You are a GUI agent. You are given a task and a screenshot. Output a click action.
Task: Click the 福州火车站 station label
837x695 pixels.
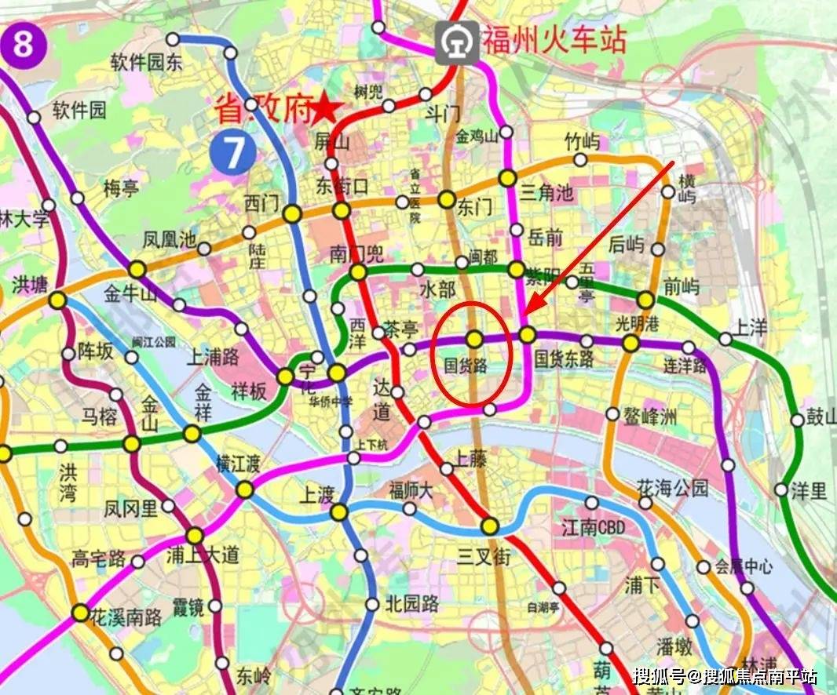coord(554,38)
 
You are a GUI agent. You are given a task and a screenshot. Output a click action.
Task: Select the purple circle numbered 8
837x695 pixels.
coord(23,45)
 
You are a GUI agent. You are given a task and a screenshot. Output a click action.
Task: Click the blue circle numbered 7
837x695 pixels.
coord(234,152)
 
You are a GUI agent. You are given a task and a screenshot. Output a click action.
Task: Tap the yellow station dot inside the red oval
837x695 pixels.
coord(474,339)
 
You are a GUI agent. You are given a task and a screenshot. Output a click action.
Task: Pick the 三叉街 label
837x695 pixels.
coord(484,557)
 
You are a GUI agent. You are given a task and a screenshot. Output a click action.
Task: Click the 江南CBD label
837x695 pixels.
coord(594,527)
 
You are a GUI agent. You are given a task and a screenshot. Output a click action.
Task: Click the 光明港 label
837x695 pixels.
coord(631,322)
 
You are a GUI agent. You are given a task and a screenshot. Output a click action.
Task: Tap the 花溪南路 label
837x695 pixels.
coord(126,616)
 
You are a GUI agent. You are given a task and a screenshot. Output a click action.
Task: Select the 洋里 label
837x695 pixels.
coord(809,491)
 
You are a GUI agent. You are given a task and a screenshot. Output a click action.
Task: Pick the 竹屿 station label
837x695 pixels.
coord(582,142)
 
